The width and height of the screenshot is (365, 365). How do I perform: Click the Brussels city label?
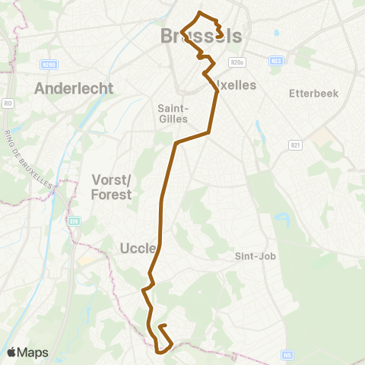point(202,36)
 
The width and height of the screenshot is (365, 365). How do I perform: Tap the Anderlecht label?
point(74,88)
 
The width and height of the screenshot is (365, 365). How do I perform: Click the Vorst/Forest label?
point(112,187)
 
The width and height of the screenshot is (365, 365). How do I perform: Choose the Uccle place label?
point(138,248)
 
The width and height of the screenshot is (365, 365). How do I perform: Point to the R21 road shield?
point(296,144)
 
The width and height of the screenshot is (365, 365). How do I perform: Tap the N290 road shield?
point(50,65)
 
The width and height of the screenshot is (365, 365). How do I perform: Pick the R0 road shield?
point(8,102)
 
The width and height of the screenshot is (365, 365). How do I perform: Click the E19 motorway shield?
point(74,222)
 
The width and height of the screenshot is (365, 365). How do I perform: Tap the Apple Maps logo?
point(11,352)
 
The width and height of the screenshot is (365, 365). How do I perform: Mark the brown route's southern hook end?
point(161,326)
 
